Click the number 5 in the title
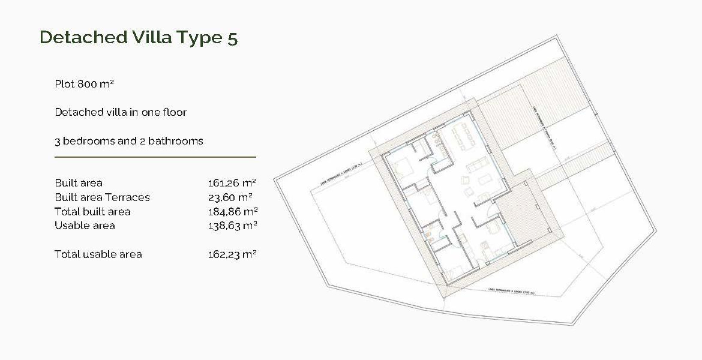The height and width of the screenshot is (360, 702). (x=232, y=38)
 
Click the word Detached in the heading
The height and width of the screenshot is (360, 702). (x=84, y=37)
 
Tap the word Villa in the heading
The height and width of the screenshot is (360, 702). (x=152, y=37)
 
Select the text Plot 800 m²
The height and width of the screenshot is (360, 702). (x=84, y=84)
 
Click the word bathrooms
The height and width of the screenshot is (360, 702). (x=176, y=141)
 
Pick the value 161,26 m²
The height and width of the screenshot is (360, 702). (x=232, y=183)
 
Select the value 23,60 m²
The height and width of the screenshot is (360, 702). (x=230, y=198)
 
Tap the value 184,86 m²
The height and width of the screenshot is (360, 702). (x=233, y=212)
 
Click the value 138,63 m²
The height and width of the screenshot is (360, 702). (x=232, y=226)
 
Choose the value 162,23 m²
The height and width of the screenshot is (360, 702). (x=232, y=255)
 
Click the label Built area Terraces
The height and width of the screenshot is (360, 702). (x=102, y=198)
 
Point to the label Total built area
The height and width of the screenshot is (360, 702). (x=93, y=212)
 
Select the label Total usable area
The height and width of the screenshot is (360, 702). (x=98, y=255)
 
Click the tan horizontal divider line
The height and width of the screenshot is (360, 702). (x=155, y=157)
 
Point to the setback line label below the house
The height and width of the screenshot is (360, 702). (x=511, y=291)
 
